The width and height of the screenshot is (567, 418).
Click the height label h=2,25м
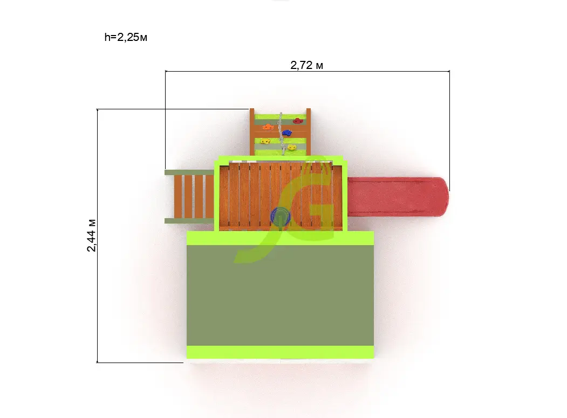(x=126, y=37)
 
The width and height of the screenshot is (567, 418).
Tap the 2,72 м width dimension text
(x=306, y=65)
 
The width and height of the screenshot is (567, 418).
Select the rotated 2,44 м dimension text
(x=92, y=235)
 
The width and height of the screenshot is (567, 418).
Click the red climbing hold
(x=298, y=121)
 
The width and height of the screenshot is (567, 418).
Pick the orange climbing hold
(x=268, y=127)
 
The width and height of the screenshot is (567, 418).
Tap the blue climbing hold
(x=287, y=133)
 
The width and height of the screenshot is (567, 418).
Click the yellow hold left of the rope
(x=265, y=141)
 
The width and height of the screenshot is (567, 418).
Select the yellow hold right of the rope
(x=292, y=147)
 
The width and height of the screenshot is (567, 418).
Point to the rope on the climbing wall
(x=281, y=134)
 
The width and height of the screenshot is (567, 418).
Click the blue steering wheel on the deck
(x=280, y=216)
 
